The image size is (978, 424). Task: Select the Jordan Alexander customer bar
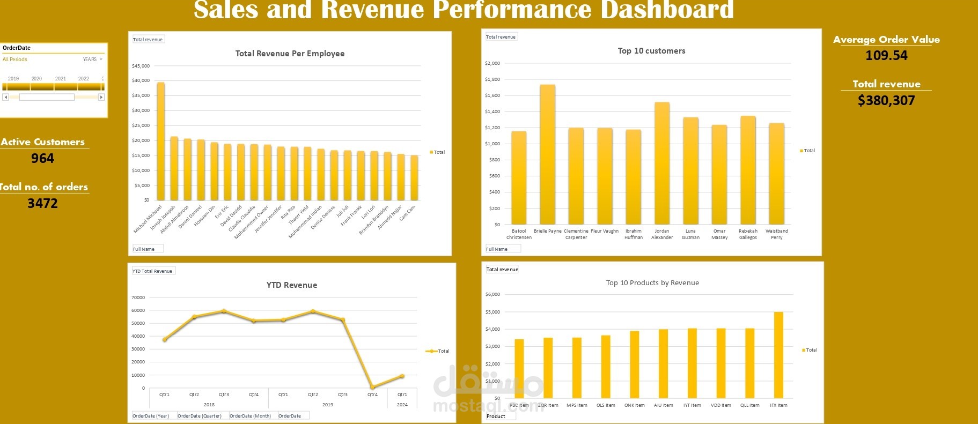(x=662, y=163)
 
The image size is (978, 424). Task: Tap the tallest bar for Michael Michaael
(x=160, y=142)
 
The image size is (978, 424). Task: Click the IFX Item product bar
(x=778, y=355)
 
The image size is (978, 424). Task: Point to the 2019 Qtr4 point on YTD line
(x=372, y=387)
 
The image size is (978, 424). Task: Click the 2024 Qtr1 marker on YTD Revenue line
(x=402, y=376)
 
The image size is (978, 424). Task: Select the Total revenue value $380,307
(x=886, y=100)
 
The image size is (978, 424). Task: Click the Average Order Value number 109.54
(x=886, y=55)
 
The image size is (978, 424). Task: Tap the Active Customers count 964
(x=42, y=158)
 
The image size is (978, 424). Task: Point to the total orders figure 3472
(x=42, y=203)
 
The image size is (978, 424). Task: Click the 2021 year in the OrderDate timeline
(x=61, y=79)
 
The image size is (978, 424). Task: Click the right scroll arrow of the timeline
(x=101, y=97)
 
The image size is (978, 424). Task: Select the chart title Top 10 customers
(x=651, y=51)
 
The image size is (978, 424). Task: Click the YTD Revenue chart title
(x=291, y=285)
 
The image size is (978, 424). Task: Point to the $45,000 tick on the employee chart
(x=141, y=66)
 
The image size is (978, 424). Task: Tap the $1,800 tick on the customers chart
(x=492, y=79)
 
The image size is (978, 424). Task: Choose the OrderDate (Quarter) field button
(x=200, y=416)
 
